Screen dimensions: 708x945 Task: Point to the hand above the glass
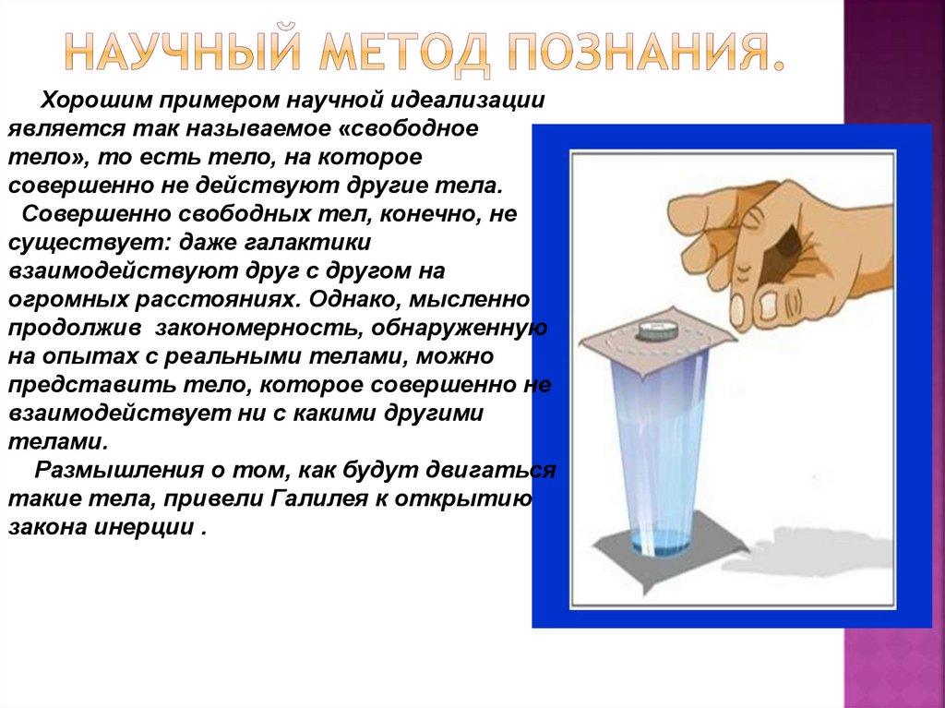pyautogui.click(x=784, y=240)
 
